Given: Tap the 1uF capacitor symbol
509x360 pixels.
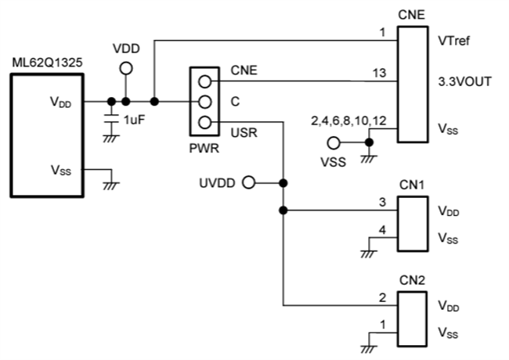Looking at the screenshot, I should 112,118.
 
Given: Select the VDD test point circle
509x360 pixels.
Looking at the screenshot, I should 125,69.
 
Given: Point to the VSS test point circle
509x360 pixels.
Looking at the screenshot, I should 333,143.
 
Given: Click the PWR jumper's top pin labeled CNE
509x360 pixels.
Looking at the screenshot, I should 205,81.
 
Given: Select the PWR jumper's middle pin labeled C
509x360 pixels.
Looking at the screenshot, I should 205,101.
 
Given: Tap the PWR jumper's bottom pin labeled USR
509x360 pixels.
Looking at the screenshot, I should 205,121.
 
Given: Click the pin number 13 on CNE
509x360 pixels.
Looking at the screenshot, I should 379,73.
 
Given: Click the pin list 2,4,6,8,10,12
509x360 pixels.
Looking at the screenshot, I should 348,121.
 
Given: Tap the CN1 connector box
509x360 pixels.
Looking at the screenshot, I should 412,223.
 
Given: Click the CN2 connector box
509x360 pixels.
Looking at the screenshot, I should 412,317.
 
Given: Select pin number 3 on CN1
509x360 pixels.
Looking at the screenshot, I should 382,203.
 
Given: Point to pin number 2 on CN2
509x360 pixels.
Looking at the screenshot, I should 382,297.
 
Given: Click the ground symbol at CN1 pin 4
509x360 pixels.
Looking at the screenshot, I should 369,251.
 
